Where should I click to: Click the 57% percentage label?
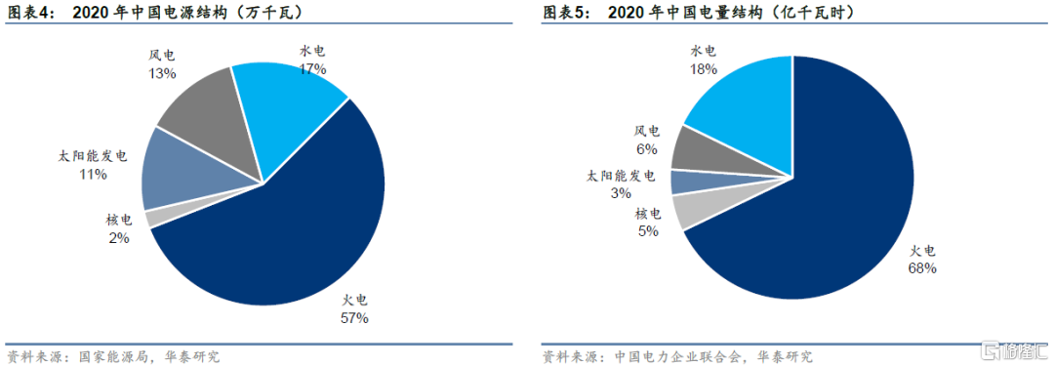(x=353, y=318)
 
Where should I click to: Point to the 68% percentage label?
(x=921, y=268)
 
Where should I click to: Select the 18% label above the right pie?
(x=703, y=68)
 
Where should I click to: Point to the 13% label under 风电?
(x=162, y=72)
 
